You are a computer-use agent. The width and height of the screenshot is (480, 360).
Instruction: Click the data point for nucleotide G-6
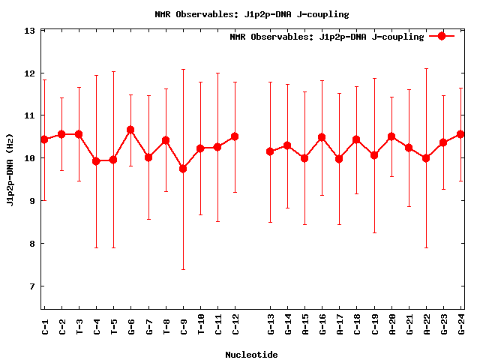click(x=130, y=130)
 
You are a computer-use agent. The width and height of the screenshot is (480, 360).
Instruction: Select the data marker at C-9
click(x=183, y=169)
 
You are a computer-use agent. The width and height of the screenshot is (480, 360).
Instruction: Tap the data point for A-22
click(x=426, y=158)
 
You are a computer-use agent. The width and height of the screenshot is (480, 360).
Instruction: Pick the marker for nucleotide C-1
click(x=44, y=139)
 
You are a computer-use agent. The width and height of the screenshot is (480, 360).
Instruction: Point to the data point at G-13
click(x=270, y=151)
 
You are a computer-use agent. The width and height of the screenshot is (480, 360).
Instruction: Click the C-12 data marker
click(x=235, y=136)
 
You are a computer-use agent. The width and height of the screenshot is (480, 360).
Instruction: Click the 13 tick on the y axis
click(x=30, y=31)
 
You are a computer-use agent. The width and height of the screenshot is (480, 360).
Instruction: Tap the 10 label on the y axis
click(x=30, y=158)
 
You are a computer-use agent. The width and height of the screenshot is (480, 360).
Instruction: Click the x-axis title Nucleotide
click(x=251, y=355)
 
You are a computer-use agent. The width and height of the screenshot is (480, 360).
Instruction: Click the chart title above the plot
click(x=251, y=14)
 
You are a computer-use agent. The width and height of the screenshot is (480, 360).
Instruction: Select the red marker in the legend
click(x=442, y=36)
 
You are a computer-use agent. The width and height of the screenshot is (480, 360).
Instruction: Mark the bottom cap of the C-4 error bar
click(x=96, y=247)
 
